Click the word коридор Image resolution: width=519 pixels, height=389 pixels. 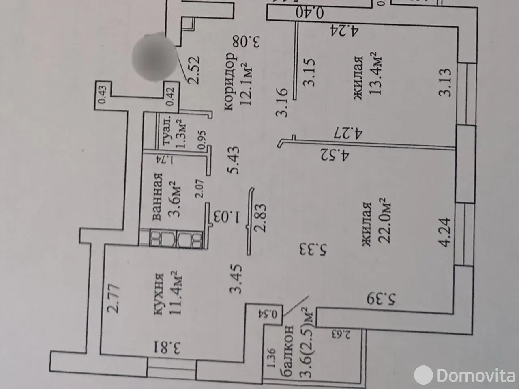(x=230, y=82)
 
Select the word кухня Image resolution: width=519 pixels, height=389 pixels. (x=159, y=294)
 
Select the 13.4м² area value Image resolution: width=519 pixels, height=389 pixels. (x=375, y=73)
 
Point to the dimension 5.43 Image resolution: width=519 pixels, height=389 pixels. (x=234, y=160)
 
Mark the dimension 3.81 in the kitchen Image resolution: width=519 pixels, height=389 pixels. (x=167, y=347)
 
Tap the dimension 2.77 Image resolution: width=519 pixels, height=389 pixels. (x=114, y=299)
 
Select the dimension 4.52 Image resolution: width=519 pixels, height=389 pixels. (x=335, y=154)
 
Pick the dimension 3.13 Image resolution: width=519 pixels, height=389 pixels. (x=445, y=82)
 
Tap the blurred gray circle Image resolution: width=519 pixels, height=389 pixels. (x=154, y=57)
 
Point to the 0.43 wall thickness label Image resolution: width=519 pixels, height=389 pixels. (x=103, y=95)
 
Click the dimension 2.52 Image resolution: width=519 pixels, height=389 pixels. (x=194, y=70)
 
